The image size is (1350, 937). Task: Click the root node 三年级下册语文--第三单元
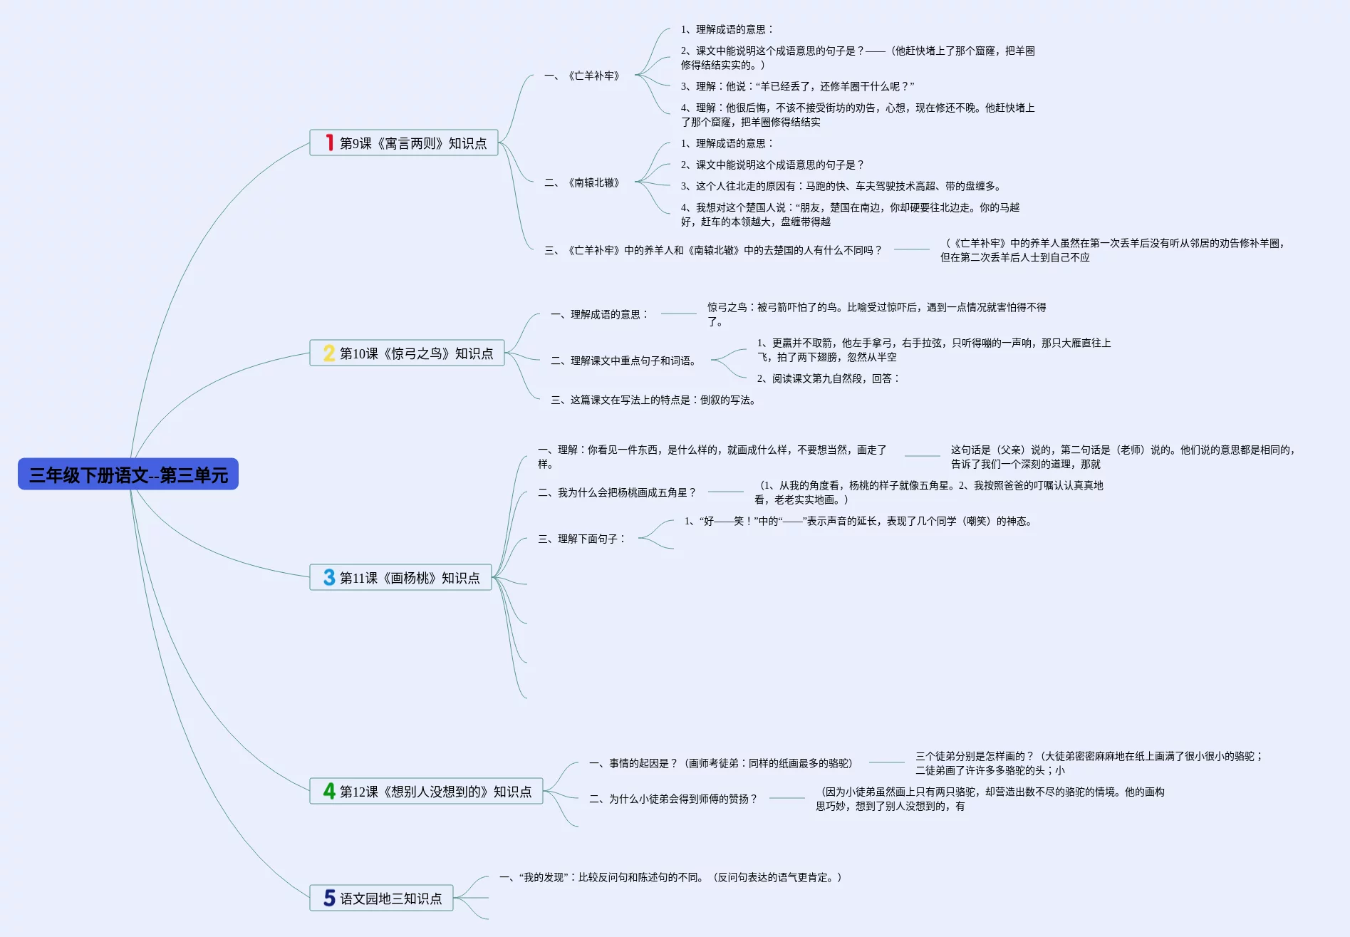point(128,475)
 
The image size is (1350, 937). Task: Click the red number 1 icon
point(329,143)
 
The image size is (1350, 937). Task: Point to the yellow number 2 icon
point(328,353)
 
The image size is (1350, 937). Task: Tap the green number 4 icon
point(328,792)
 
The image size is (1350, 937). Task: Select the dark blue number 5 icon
point(329,899)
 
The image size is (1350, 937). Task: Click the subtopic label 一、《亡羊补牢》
point(582,76)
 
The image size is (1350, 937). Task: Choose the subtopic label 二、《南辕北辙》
point(582,182)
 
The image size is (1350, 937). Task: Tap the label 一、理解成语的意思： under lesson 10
point(600,314)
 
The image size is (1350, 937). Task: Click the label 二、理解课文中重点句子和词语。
point(624,361)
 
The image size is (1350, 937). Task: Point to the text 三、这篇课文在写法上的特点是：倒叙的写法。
point(653,400)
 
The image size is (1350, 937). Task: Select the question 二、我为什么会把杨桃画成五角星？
point(617,492)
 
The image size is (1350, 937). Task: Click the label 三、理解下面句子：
point(582,539)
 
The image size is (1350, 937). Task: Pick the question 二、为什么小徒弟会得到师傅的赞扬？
point(673,799)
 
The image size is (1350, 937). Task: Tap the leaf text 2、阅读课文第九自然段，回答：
point(828,378)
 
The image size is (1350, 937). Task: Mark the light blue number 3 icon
point(328,578)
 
